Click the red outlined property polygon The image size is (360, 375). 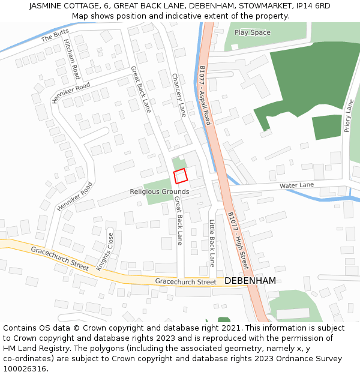point(181,176)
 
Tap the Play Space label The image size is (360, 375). point(252,32)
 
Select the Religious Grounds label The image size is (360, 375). point(160,192)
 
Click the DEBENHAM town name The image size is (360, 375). point(250,281)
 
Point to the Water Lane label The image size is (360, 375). point(296,186)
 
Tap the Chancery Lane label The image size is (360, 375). point(179,95)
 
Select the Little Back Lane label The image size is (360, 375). point(212,243)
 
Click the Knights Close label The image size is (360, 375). point(105,251)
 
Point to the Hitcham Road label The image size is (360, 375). point(71,60)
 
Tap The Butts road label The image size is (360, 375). point(55,35)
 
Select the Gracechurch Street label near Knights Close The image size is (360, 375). point(59,258)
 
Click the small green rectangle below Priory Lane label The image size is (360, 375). point(326,127)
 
